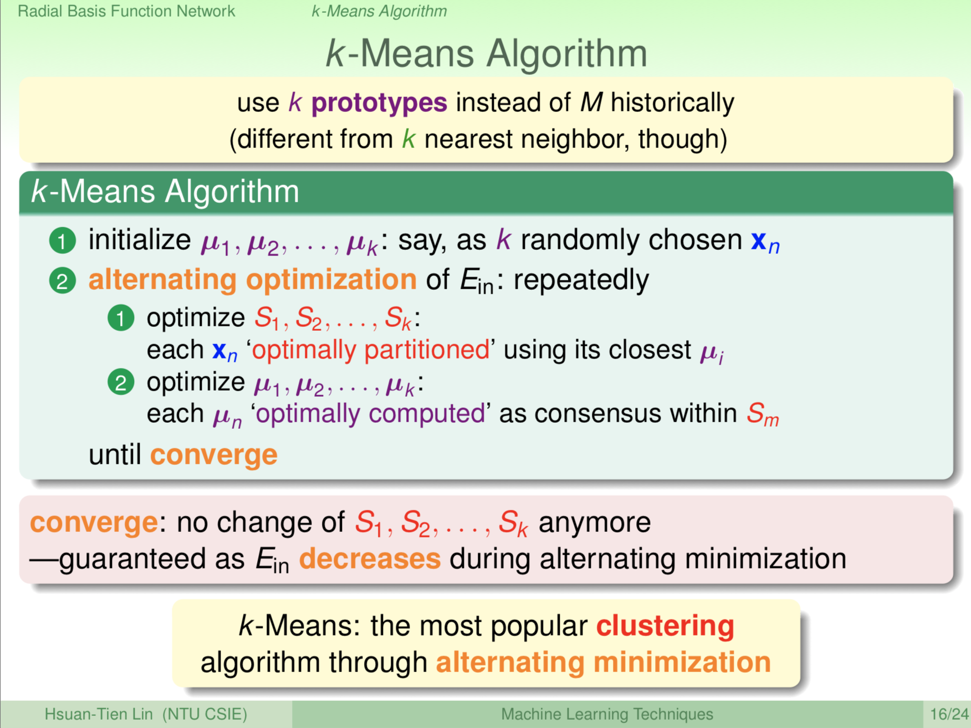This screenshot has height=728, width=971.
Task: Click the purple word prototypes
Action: click(x=379, y=103)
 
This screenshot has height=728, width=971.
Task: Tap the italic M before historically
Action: click(x=591, y=102)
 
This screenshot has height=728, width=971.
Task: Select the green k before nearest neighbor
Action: click(x=408, y=139)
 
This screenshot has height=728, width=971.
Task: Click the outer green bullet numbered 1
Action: click(x=63, y=241)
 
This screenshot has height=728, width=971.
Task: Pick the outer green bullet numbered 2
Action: click(x=63, y=280)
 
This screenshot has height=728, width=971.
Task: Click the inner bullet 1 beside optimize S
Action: click(x=121, y=318)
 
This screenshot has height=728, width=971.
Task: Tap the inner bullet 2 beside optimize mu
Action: click(x=121, y=382)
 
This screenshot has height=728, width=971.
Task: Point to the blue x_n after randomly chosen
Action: click(x=765, y=242)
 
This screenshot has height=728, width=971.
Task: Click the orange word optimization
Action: click(x=331, y=279)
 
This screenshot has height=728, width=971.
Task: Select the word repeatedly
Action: click(x=581, y=280)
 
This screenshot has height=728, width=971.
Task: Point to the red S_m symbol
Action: click(x=763, y=414)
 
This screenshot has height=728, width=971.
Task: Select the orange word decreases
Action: click(x=370, y=558)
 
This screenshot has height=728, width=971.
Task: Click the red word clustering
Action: click(x=665, y=626)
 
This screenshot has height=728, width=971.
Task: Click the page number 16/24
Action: click(x=949, y=714)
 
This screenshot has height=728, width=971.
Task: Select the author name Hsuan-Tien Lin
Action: click(x=99, y=714)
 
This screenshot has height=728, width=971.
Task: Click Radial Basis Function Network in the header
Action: click(x=126, y=11)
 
